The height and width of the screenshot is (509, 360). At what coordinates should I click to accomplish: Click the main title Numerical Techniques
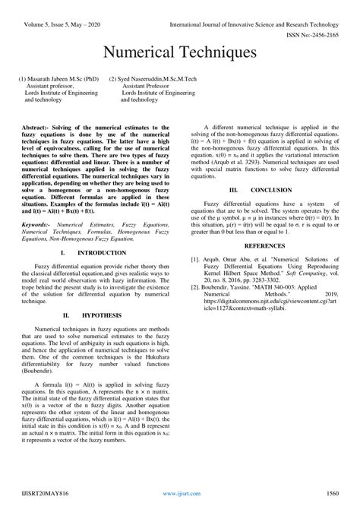(x=180, y=52)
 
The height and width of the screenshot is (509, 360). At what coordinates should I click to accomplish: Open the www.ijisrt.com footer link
(x=180, y=493)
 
